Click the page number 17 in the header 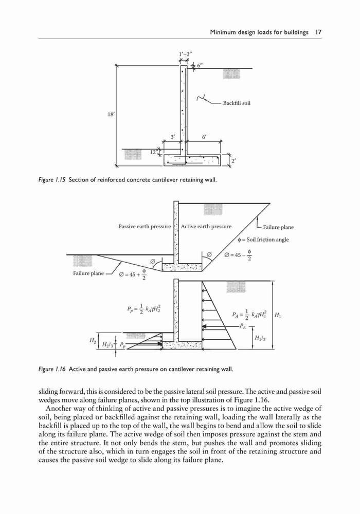(x=318, y=32)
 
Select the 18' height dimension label (x=112, y=115)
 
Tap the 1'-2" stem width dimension (x=185, y=54)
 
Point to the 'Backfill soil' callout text (x=237, y=103)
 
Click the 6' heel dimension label (x=204, y=137)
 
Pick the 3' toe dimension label (x=173, y=137)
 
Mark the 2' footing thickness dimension (x=233, y=161)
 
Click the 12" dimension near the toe (x=153, y=152)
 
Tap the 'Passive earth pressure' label (x=145, y=227)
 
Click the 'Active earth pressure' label (x=206, y=227)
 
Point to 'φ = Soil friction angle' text (x=264, y=240)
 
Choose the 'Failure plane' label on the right (x=278, y=227)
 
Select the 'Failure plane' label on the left (x=88, y=273)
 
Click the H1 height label (x=277, y=316)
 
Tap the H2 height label (x=92, y=341)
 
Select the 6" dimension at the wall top (x=199, y=66)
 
